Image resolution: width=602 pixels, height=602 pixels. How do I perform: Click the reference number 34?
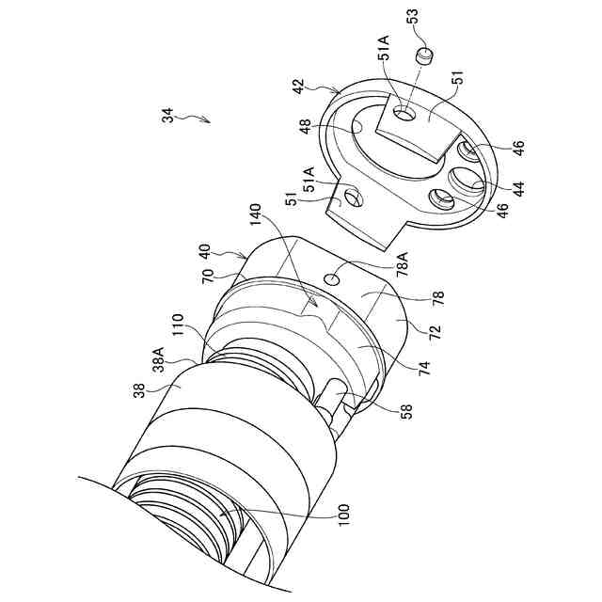pos(167,115)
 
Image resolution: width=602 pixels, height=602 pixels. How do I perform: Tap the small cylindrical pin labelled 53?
pos(424,55)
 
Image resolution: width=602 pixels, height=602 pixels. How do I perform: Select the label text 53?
pos(413,16)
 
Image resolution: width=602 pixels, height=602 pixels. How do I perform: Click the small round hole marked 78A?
pos(332,279)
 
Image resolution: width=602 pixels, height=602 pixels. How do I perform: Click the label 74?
pos(426,368)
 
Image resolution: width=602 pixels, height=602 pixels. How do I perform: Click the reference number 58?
pos(407,412)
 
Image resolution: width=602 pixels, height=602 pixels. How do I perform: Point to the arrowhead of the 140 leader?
pos(316,305)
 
